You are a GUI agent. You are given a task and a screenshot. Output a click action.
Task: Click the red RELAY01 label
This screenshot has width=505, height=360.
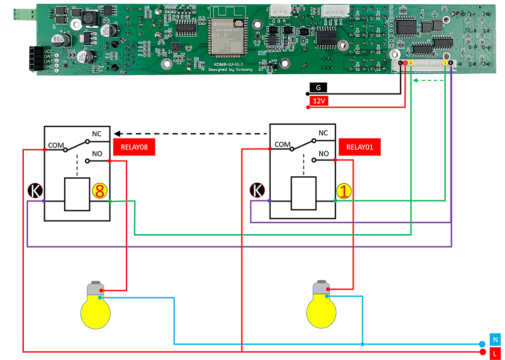click(x=360, y=148)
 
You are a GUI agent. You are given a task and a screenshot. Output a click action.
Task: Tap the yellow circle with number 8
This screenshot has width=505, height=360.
click(x=99, y=191)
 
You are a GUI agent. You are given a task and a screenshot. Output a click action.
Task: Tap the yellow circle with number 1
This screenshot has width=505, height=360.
click(x=345, y=191)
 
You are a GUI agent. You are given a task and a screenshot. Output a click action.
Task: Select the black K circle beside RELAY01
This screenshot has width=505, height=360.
click(x=258, y=191)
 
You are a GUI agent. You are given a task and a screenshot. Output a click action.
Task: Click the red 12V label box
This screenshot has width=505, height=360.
click(x=319, y=101)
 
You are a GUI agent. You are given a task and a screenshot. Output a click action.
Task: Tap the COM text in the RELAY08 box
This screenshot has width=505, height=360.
click(x=56, y=145)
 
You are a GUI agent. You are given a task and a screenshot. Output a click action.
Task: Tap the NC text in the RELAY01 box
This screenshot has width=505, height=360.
click(x=323, y=133)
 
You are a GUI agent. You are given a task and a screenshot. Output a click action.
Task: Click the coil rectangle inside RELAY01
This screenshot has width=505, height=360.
click(x=304, y=193)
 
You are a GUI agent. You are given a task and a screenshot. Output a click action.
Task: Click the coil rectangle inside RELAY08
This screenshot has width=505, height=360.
click(x=77, y=194)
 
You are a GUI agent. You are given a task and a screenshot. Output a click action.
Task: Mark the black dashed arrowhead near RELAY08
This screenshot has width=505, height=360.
click(x=117, y=134)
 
